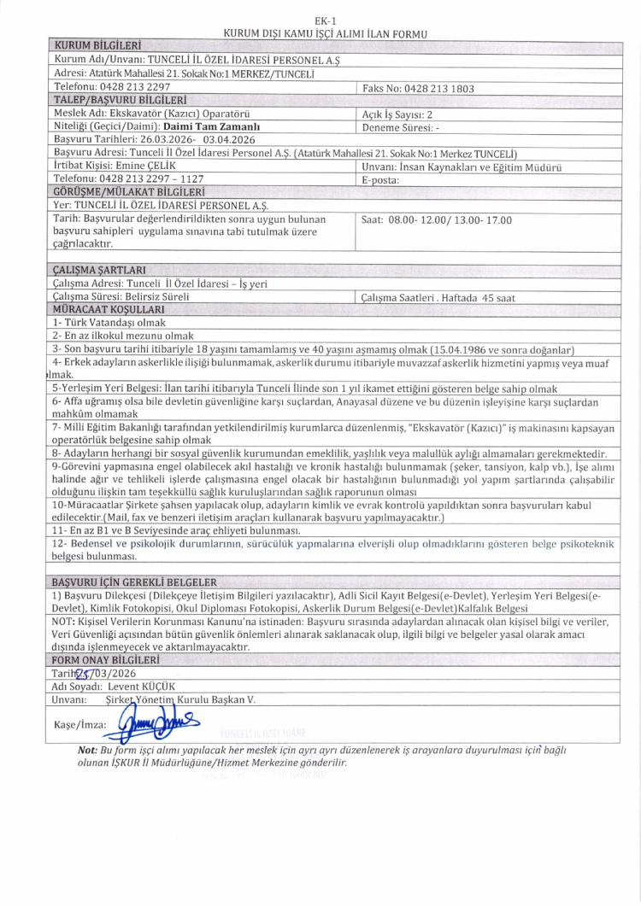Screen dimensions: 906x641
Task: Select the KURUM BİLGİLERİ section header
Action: (97, 44)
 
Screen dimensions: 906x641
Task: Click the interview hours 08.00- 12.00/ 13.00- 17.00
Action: (437, 219)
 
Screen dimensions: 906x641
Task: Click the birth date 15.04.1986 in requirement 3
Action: (484, 349)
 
